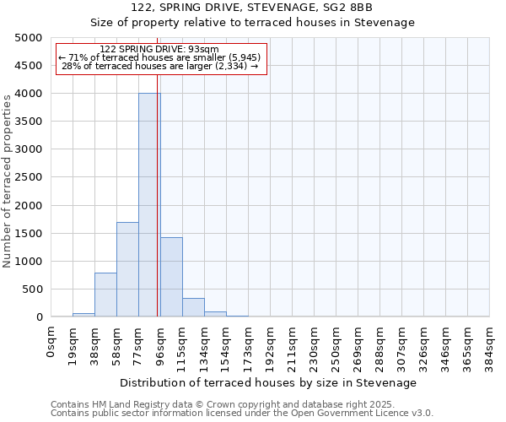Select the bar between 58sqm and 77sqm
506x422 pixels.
127,269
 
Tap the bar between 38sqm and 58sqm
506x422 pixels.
105,295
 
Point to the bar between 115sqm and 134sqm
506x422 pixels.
193,307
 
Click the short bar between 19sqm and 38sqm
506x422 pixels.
83,315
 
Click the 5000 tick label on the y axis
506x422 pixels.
28,38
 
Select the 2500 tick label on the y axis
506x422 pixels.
28,177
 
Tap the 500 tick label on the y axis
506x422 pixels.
31,289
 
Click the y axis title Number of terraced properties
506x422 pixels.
8,181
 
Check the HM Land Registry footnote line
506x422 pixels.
211,404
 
